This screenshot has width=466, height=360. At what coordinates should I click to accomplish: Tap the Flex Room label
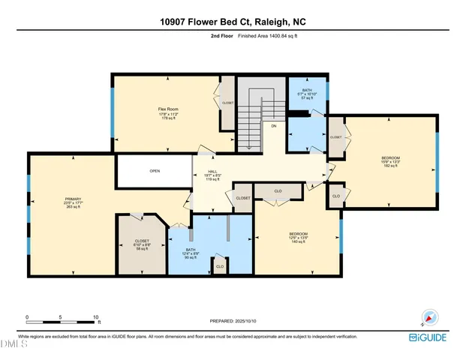click(166, 109)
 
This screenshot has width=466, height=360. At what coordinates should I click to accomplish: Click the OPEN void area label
click(155, 171)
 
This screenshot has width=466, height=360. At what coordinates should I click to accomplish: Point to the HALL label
click(212, 171)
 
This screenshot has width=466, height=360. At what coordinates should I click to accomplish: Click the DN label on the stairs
click(275, 126)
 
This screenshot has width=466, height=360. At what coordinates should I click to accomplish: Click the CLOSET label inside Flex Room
click(227, 104)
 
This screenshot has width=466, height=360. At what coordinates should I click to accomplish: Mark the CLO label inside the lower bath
click(220, 266)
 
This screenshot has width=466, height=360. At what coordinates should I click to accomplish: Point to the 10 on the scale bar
click(95, 317)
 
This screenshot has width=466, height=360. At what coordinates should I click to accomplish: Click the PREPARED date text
click(233, 322)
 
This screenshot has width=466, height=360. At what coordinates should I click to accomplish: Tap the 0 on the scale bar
click(27, 317)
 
